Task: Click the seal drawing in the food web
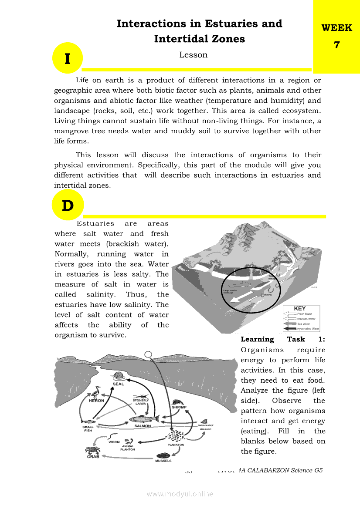click(x=118, y=376)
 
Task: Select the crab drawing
click(x=92, y=451)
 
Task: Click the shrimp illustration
click(x=178, y=403)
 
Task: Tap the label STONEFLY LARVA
click(x=141, y=402)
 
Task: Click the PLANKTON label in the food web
click(x=176, y=445)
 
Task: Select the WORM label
click(x=114, y=442)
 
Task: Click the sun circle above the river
click(x=149, y=354)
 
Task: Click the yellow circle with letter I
click(x=68, y=58)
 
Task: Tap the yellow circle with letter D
click(x=68, y=205)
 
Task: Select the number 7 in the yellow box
click(x=336, y=44)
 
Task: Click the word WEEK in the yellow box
click(x=336, y=28)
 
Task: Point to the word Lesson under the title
click(x=193, y=55)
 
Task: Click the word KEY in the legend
click(x=300, y=309)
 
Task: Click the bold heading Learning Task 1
click(x=283, y=340)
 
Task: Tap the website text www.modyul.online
click(x=180, y=494)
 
